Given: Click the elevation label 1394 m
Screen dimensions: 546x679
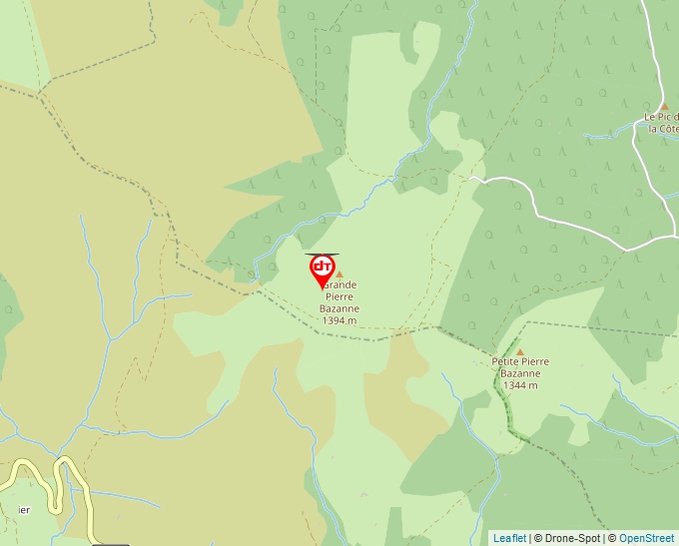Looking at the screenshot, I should tap(339, 320).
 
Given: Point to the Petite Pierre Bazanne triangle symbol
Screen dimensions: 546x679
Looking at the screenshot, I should tap(519, 351).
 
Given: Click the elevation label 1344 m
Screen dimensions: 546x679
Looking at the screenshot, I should tap(520, 385).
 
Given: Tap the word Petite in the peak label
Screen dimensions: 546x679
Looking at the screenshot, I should tap(506, 361).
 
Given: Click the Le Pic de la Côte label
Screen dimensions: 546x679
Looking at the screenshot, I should tap(661, 123).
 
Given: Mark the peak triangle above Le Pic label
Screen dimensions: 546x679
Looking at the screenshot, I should tap(664, 105).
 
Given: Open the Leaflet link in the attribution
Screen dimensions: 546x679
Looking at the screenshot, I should tap(509, 538).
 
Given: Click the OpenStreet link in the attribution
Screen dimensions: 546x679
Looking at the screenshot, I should tap(646, 538).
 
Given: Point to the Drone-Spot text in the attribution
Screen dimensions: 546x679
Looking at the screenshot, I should tap(572, 538).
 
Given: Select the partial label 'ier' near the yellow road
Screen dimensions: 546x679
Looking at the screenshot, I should tap(23, 509).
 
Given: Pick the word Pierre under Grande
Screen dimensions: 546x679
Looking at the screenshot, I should tap(339, 296).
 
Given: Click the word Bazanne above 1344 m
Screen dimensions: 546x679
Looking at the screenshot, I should tap(520, 373).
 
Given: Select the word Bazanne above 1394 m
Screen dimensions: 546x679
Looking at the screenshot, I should tap(339, 308).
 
